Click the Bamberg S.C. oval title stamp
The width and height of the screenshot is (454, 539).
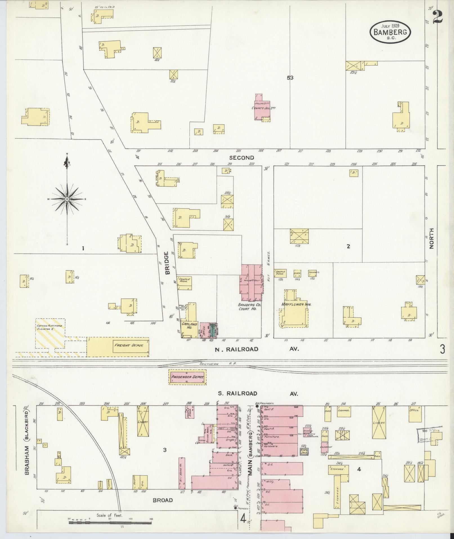click(x=390, y=32)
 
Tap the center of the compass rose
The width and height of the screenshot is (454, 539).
click(x=67, y=199)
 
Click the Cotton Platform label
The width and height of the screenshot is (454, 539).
click(x=49, y=328)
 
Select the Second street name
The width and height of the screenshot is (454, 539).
click(x=241, y=158)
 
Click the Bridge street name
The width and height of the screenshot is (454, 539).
click(x=167, y=263)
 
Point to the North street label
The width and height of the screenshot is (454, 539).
click(x=432, y=238)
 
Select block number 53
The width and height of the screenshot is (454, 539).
click(x=290, y=78)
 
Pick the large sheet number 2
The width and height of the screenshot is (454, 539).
click(x=438, y=17)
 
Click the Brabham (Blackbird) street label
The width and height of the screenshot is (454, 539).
click(x=27, y=442)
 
